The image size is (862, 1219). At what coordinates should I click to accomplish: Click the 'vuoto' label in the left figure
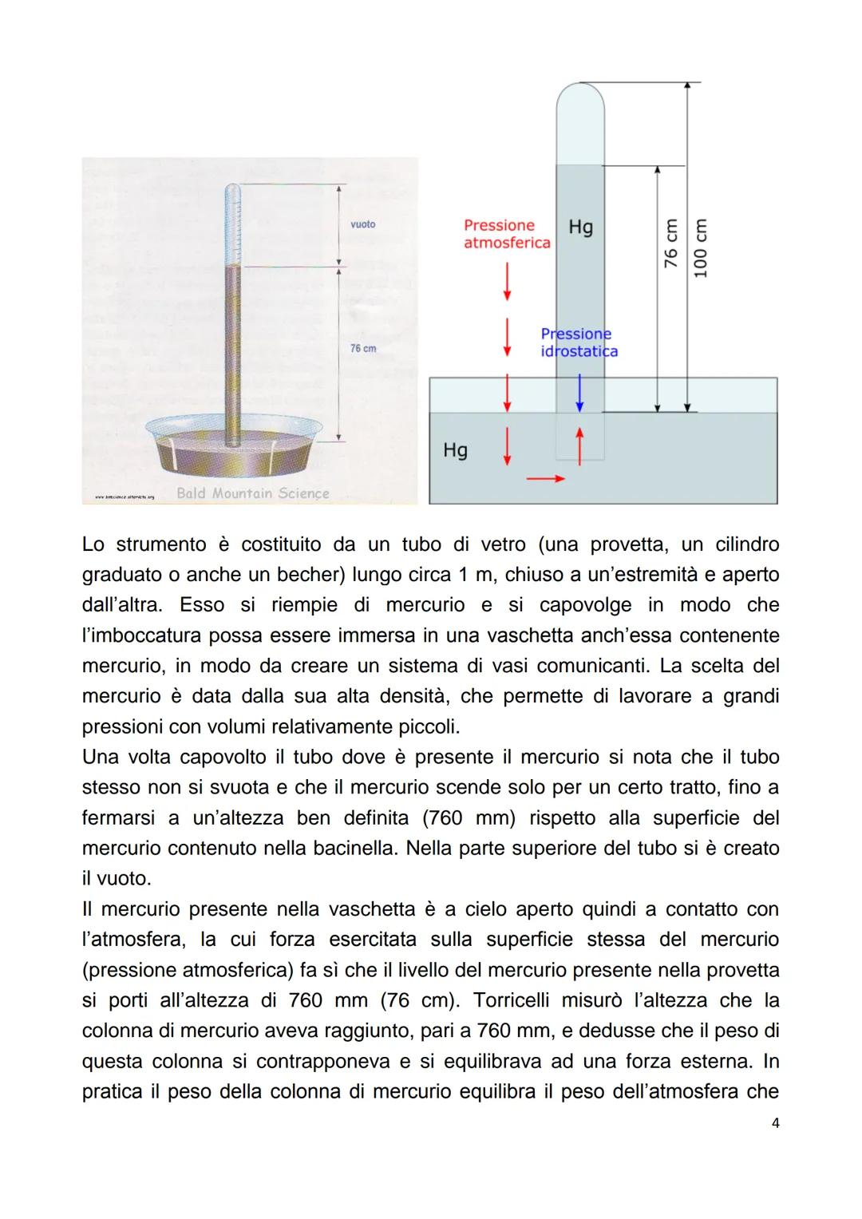(362, 224)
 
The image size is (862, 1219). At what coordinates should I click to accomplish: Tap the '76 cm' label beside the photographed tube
(363, 349)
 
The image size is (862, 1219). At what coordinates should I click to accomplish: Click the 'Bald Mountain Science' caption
(252, 493)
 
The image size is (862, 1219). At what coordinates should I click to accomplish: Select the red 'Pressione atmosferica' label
(507, 234)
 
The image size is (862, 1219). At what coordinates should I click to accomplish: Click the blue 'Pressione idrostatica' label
(578, 342)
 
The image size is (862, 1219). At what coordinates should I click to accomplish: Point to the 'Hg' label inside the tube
(580, 228)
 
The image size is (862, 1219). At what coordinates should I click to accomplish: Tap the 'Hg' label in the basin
(455, 450)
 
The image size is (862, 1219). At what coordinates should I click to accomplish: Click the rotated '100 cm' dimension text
(701, 248)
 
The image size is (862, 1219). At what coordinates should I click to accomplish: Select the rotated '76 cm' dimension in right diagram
(671, 243)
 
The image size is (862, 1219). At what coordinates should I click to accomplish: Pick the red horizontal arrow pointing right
(546, 479)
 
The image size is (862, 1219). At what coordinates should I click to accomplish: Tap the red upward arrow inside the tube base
(580, 444)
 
